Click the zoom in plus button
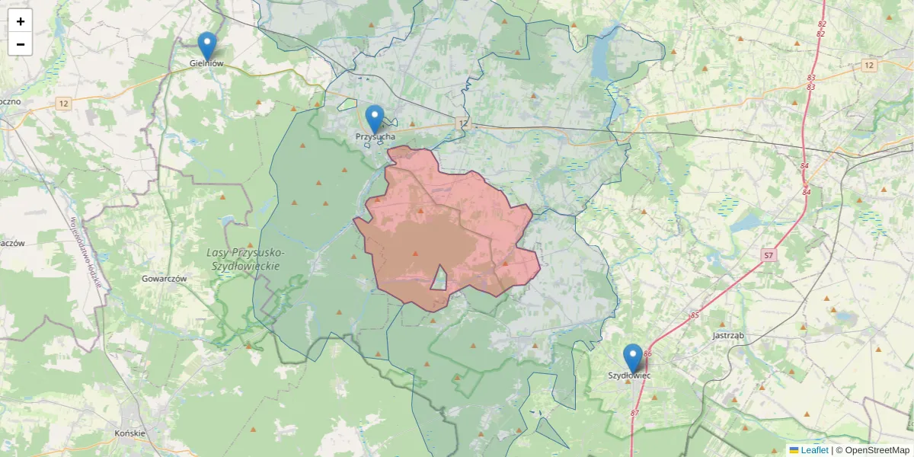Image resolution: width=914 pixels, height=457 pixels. point(21,21)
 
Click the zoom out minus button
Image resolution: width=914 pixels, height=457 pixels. point(21,44)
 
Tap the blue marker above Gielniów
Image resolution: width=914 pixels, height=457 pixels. point(206,46)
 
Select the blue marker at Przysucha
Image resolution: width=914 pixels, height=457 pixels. point(374,119)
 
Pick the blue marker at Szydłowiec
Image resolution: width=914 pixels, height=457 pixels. point(632,358)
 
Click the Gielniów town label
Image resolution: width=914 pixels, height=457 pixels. point(206,64)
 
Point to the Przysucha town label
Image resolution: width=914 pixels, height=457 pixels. point(376,137)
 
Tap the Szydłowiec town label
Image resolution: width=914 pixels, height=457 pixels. point(629,376)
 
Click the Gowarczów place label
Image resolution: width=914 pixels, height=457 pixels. point(164,279)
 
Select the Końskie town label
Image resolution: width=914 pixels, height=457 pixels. point(129,433)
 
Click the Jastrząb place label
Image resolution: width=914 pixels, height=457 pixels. point(727,335)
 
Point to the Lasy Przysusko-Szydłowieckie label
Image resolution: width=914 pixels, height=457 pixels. point(246,259)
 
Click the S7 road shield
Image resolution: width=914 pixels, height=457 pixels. point(770,255)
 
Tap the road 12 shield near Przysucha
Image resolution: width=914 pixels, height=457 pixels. point(463,123)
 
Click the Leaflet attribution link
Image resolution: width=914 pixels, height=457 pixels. point(813,450)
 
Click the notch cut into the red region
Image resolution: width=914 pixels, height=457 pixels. point(439,280)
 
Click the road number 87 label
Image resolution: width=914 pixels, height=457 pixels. point(635,413)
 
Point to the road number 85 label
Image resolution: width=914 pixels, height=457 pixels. point(695,315)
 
